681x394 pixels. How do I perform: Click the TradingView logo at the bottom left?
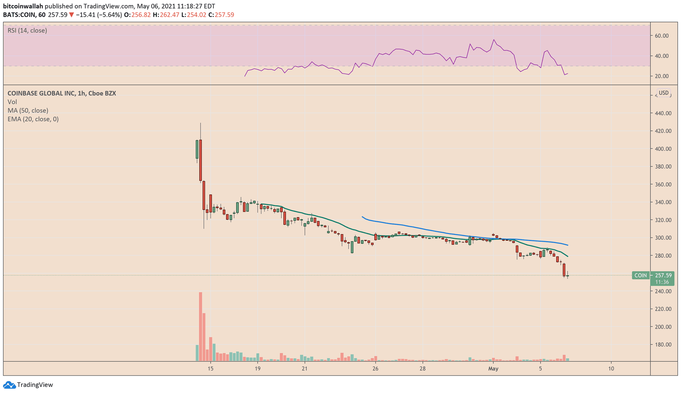pos(28,385)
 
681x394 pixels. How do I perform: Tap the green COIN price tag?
pos(640,275)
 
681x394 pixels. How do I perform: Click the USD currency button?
pos(664,93)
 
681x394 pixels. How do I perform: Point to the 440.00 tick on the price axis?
pos(663,113)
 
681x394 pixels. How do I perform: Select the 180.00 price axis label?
pos(663,345)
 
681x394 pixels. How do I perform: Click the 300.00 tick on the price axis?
pos(663,238)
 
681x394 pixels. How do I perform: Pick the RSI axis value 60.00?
pos(661,36)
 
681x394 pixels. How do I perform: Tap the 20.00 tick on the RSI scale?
pos(661,76)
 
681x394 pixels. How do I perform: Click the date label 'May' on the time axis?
pos(493,368)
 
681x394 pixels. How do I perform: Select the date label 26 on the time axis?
pos(375,368)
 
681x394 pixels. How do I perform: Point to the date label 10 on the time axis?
pos(611,368)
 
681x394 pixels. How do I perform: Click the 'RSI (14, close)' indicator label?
pos(27,31)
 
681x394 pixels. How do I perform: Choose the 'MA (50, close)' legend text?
pos(28,111)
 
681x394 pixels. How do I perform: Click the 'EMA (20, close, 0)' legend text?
pos(33,119)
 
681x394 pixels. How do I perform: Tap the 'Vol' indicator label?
pos(12,102)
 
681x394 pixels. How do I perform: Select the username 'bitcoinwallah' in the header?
pos(23,6)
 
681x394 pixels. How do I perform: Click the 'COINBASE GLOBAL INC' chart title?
pos(41,93)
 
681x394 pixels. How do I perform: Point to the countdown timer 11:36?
pos(662,282)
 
